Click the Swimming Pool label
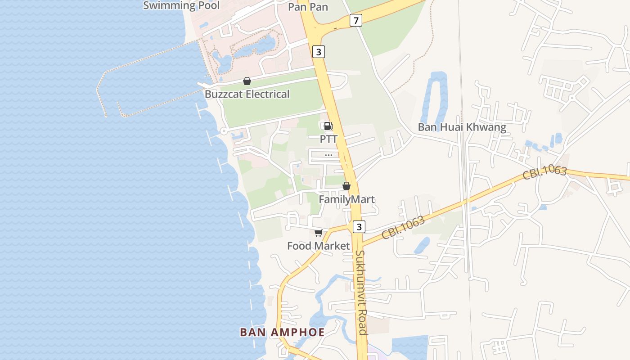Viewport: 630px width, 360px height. [x=181, y=5]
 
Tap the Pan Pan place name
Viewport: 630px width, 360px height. [x=308, y=7]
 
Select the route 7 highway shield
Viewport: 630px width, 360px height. [x=356, y=20]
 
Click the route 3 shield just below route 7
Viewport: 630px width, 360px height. [x=319, y=52]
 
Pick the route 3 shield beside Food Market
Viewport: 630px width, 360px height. [x=359, y=227]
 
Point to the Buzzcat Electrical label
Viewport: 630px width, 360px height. [x=247, y=94]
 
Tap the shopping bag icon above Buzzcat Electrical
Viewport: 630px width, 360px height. [x=247, y=81]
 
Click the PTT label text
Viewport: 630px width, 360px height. [x=328, y=139]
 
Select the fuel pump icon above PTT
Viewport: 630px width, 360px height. [x=328, y=126]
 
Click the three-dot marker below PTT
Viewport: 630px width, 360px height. [x=328, y=155]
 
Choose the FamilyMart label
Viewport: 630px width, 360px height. [x=346, y=199]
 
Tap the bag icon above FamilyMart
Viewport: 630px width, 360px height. [x=346, y=186]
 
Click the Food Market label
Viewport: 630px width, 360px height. [x=319, y=246]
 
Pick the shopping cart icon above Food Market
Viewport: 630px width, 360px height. [x=319, y=233]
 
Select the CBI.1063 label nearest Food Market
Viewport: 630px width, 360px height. [x=403, y=228]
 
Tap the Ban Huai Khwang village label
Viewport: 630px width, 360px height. [x=462, y=127]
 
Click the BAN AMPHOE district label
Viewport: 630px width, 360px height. [x=282, y=332]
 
